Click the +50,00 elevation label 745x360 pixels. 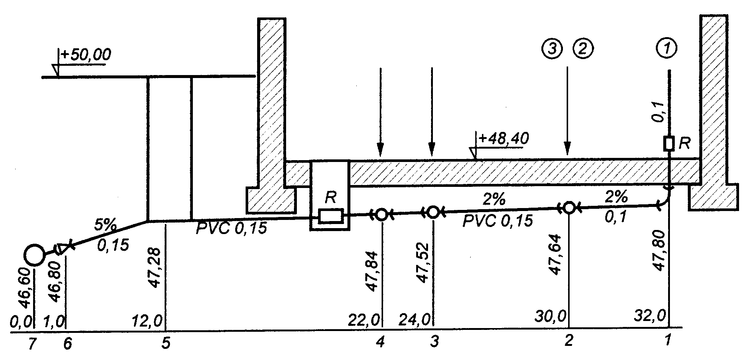click(x=86, y=56)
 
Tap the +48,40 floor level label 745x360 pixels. click(x=503, y=139)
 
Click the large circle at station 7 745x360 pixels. click(x=34, y=255)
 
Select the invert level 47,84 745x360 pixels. click(x=372, y=271)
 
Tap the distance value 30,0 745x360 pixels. click(x=551, y=317)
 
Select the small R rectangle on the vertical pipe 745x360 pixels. click(x=669, y=143)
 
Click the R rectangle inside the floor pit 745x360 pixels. click(x=330, y=216)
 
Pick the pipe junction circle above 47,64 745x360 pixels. click(x=569, y=207)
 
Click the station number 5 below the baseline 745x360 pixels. click(x=166, y=344)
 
